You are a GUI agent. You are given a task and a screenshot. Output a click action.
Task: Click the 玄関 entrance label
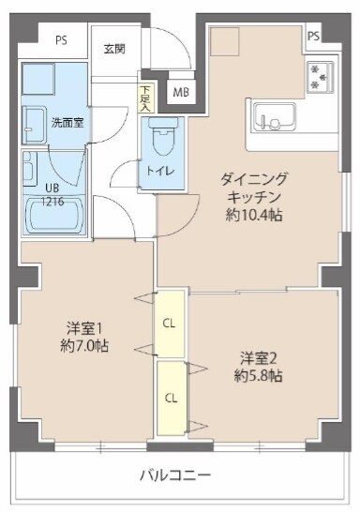pos(114,48)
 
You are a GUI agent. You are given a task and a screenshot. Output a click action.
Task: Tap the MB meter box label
pos(180,93)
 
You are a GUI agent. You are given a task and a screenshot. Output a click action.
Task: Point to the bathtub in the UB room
pos(57,217)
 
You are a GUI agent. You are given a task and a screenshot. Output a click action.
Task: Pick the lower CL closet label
pos(170,397)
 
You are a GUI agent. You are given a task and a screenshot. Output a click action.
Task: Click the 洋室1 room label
pos(82,327)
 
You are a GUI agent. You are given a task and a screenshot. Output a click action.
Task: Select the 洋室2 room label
pos(258,357)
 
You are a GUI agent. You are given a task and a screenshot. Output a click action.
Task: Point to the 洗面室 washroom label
pos(66,123)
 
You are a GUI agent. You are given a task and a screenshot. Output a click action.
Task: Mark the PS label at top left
pos(61,40)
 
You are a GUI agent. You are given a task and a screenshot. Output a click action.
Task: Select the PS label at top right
pos(313,37)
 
